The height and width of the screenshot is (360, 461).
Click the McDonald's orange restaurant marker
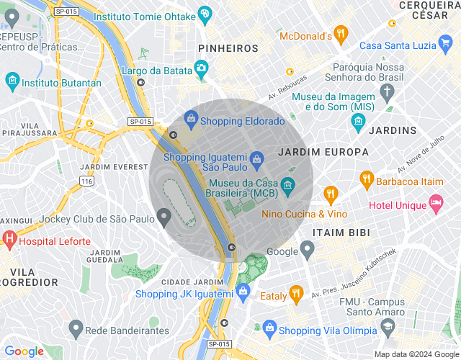click(x=341, y=34)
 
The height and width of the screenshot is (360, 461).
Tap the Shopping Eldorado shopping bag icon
click(x=191, y=118)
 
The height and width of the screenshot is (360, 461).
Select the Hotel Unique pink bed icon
click(x=436, y=204)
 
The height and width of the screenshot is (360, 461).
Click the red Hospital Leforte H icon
click(x=9, y=238)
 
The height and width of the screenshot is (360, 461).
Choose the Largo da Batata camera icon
click(x=202, y=68)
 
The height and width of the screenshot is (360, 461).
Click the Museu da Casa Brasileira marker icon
click(x=287, y=185)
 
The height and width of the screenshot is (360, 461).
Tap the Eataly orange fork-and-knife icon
click(x=296, y=294)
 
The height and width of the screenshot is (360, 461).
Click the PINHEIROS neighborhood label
click(x=228, y=48)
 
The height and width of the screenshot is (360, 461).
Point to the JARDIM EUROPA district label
click(x=323, y=153)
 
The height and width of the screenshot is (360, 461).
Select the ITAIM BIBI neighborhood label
click(x=341, y=233)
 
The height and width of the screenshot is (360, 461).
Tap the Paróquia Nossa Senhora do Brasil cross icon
click(x=388, y=91)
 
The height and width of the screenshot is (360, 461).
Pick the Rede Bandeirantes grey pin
click(x=75, y=329)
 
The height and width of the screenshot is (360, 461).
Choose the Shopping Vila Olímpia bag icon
click(x=269, y=330)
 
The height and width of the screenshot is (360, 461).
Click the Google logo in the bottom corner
click(x=24, y=351)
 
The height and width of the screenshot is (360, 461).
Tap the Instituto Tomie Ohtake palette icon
click(x=205, y=14)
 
